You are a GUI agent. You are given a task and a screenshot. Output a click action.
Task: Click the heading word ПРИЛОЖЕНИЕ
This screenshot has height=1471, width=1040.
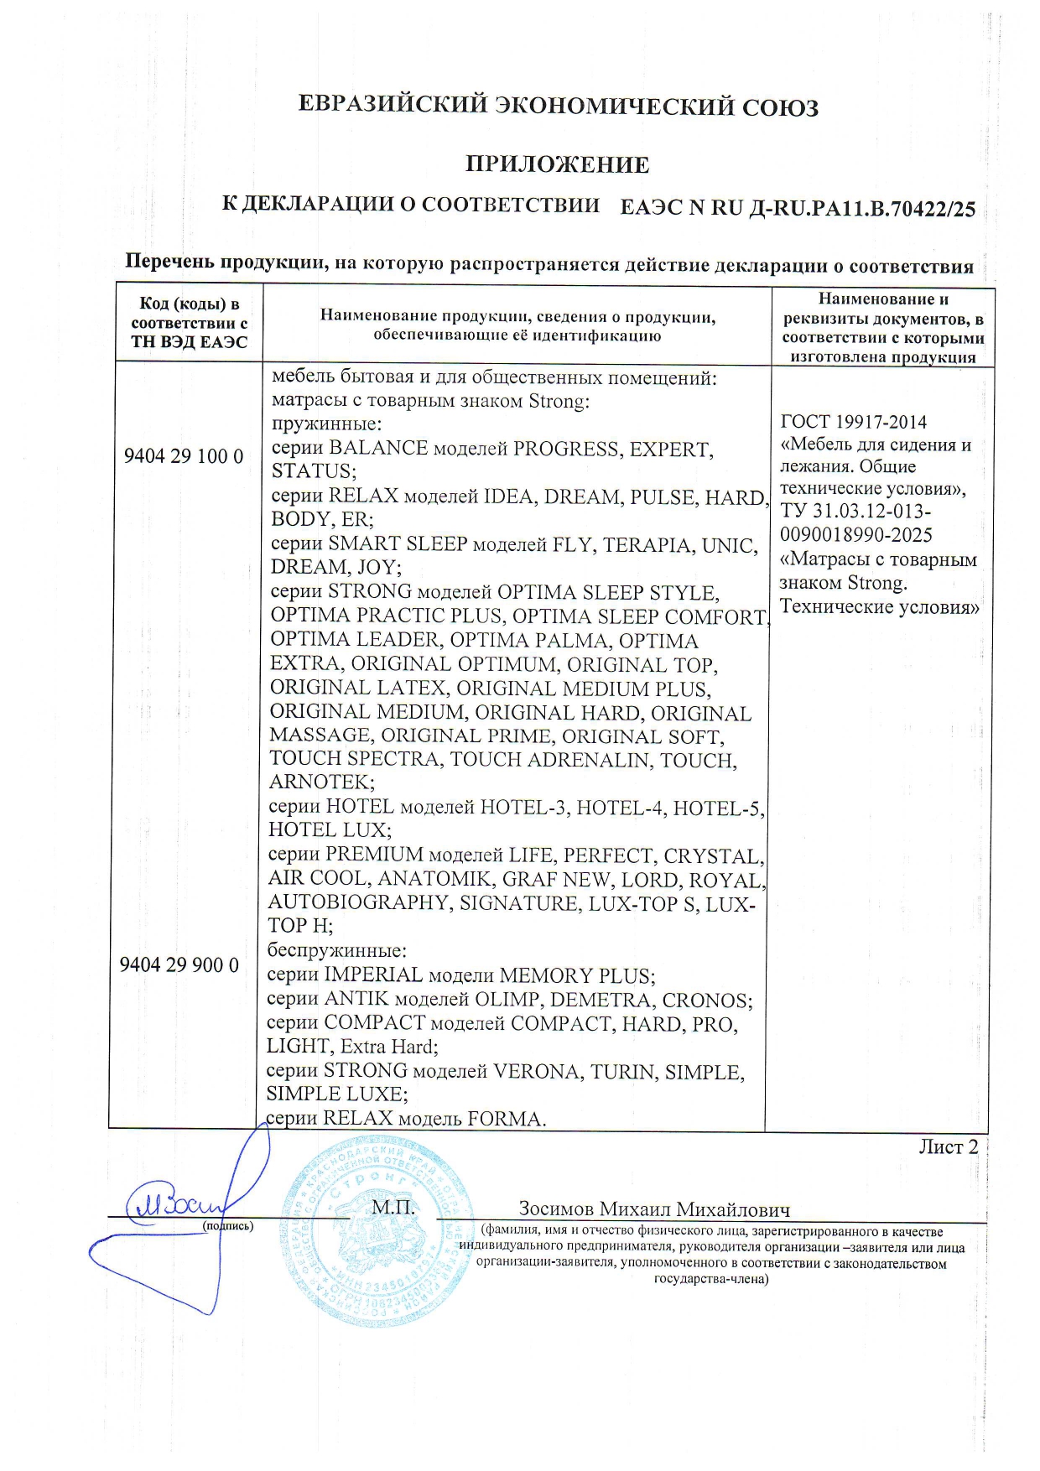click(x=557, y=164)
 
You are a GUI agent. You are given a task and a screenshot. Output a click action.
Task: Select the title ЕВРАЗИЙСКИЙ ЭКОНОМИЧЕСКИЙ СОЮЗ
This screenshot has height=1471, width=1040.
click(x=559, y=107)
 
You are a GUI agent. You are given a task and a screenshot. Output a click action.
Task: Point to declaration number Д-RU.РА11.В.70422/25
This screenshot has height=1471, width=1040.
click(x=861, y=208)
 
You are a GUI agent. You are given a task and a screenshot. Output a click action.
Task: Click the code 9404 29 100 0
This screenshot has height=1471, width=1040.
click(x=184, y=456)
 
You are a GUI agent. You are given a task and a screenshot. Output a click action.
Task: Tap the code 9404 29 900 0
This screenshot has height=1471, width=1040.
click(x=179, y=964)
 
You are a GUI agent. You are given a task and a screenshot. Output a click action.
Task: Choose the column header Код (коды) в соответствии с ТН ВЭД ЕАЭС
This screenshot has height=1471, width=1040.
click(x=189, y=323)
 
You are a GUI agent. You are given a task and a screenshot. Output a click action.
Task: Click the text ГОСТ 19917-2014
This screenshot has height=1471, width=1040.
click(x=853, y=422)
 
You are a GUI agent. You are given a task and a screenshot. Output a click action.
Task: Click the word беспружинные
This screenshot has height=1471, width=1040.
click(x=336, y=951)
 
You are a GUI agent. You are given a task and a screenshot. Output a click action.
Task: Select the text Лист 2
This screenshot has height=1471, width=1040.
click(x=948, y=1146)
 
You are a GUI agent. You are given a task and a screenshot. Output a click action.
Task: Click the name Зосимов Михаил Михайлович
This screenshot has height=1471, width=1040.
click(x=653, y=1209)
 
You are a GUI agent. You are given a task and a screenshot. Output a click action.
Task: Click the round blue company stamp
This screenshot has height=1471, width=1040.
click(x=375, y=1229)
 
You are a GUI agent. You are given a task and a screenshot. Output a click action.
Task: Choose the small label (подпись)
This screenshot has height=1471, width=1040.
click(x=227, y=1225)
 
